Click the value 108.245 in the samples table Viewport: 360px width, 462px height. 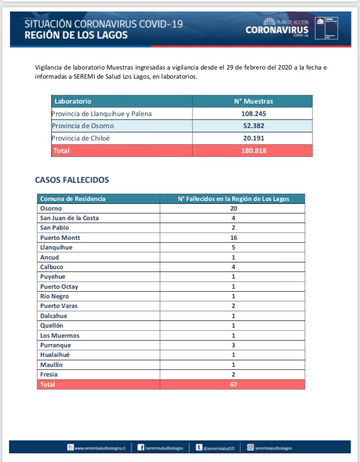253,114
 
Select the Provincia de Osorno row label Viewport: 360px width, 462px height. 84,126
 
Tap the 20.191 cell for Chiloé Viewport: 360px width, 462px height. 253,138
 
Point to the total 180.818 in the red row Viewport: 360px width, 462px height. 253,151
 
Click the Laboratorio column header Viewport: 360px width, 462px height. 73,102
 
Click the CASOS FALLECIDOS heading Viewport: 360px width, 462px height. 72,180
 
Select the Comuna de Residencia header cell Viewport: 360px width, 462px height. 73,199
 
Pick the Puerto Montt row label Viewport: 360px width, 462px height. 60,237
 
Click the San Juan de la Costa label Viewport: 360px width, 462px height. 70,218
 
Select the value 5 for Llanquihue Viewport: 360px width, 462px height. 233,248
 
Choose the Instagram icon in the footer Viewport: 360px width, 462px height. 250,448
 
